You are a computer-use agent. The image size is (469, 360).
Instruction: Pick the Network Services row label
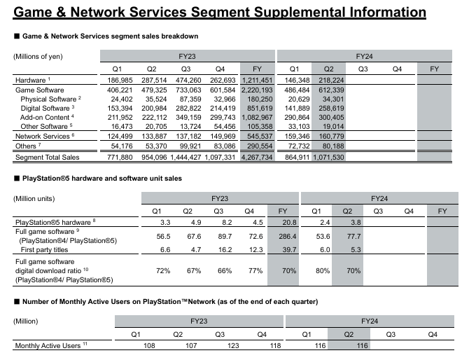coord(41,136)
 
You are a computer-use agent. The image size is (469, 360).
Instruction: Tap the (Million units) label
coord(35,199)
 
